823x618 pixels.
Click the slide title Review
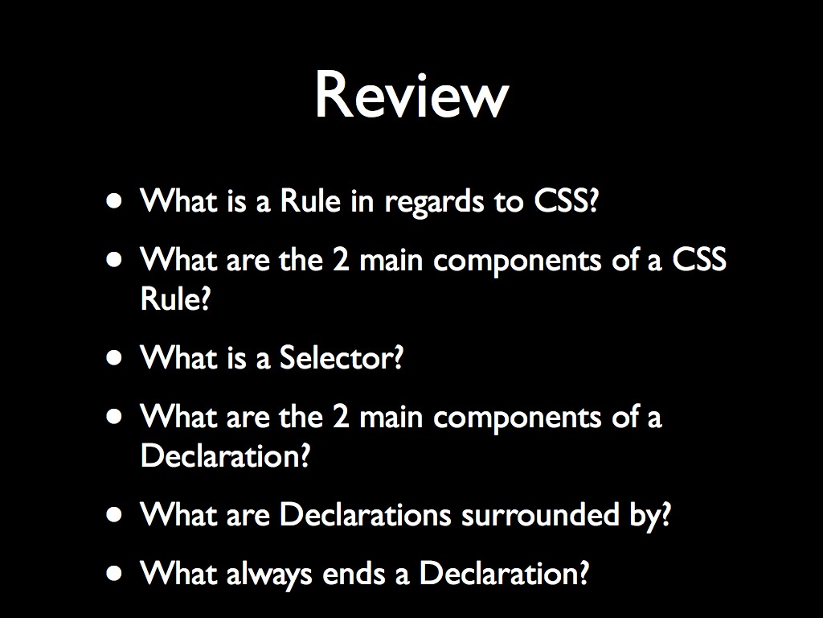tap(411, 95)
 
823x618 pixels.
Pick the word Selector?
tap(341, 357)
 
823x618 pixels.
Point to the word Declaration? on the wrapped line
tap(225, 456)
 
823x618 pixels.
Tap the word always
tap(270, 574)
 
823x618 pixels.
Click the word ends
tap(351, 574)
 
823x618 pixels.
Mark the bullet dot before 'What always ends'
tap(117, 574)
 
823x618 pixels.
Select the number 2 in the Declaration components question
tap(339, 417)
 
